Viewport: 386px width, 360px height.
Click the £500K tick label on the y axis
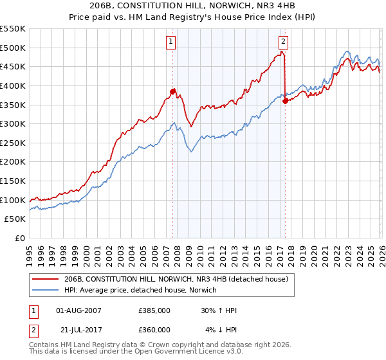[x=13, y=48]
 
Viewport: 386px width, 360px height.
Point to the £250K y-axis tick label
[x=13, y=143]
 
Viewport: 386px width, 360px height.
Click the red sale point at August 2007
[x=172, y=91]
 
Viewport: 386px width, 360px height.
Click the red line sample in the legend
[x=45, y=279]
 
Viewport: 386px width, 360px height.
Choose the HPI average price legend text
[x=140, y=290]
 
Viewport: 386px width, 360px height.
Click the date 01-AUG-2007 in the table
[x=79, y=310]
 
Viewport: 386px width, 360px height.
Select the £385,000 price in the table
[x=154, y=310]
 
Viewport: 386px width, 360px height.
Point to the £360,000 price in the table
[x=154, y=330]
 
